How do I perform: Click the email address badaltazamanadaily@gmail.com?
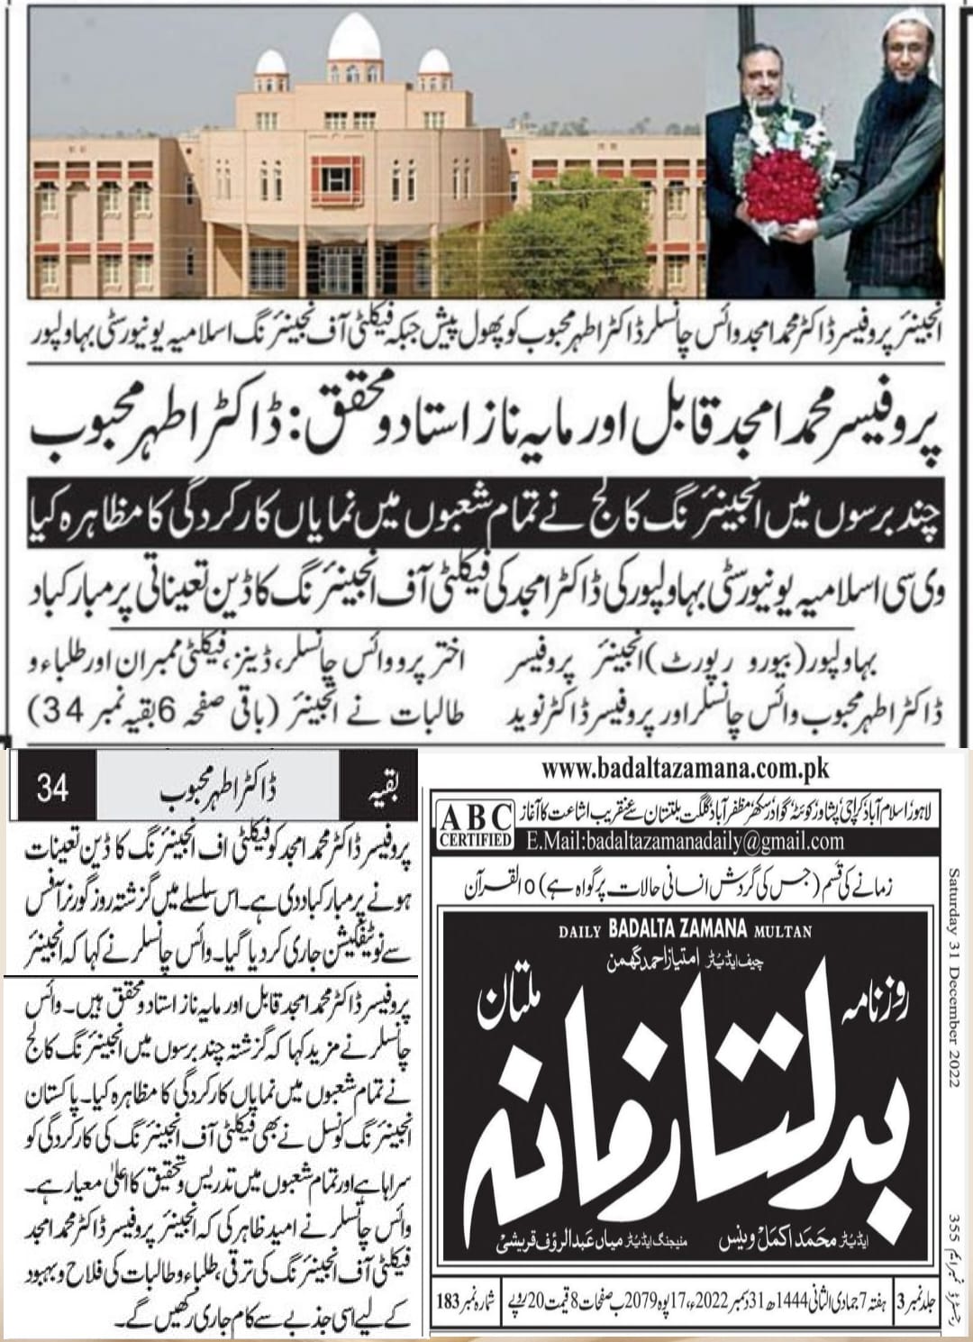click(685, 842)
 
